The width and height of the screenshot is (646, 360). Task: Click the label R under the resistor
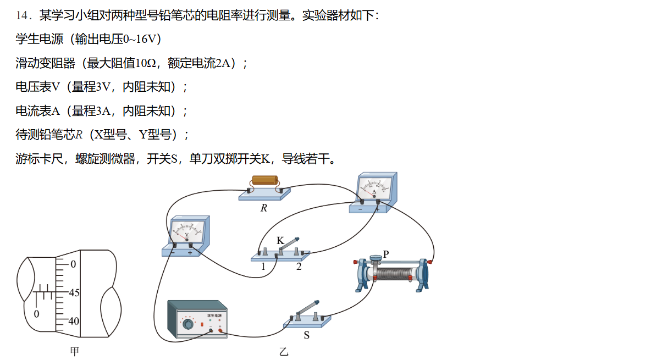(x=264, y=208)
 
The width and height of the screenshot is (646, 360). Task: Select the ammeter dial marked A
(x=375, y=189)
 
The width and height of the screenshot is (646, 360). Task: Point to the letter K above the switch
(x=280, y=241)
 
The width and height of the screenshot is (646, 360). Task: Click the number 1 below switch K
(x=263, y=267)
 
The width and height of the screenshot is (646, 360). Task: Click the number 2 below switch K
(x=299, y=267)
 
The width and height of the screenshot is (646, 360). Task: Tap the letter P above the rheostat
(x=386, y=254)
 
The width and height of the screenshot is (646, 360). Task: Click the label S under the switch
(x=307, y=335)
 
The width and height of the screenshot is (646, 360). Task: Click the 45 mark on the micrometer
(x=74, y=293)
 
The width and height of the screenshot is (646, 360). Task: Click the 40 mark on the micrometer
(x=74, y=320)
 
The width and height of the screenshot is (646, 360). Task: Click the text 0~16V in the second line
(x=141, y=40)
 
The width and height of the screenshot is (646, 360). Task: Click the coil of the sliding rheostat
(x=397, y=274)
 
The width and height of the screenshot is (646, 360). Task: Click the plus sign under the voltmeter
(x=190, y=253)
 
